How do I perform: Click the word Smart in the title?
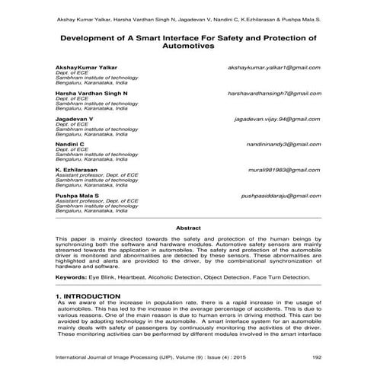point(158,37)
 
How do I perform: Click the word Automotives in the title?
point(188,46)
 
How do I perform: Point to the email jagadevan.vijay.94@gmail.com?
point(277,119)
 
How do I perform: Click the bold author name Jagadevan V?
point(74,119)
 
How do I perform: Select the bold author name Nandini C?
point(70,143)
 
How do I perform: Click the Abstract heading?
point(188,227)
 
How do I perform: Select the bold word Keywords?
point(71,277)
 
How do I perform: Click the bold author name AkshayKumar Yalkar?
point(86,67)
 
